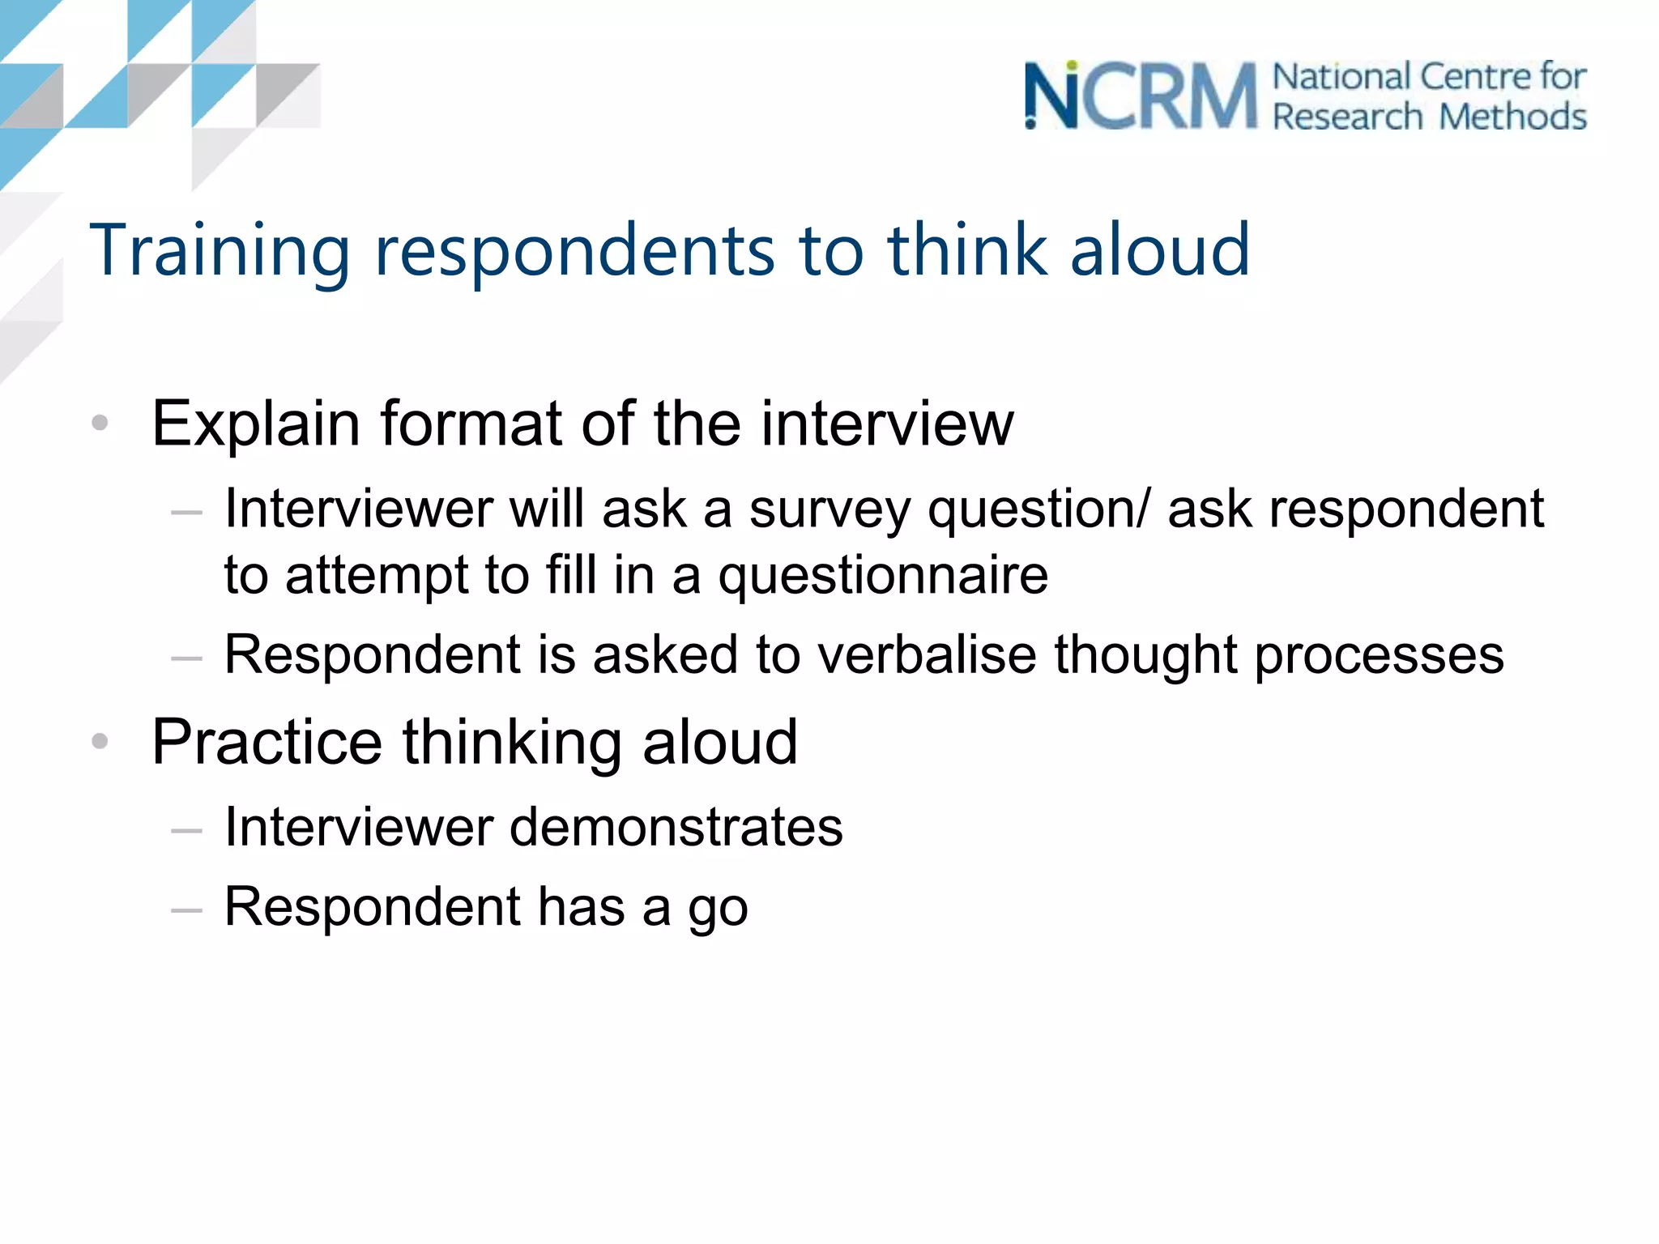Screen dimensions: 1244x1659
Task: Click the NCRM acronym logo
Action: pos(1141,96)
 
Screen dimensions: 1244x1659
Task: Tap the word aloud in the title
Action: pos(1160,250)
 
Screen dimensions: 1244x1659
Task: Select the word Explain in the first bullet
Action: pos(256,424)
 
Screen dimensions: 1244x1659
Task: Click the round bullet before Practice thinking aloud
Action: pos(100,741)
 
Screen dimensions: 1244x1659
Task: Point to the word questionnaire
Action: pos(883,576)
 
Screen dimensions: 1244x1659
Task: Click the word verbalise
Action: pos(927,654)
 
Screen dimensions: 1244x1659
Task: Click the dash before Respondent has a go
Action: pos(186,910)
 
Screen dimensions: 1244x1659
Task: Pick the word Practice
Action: pos(267,743)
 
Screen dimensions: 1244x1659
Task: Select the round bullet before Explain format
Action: pos(100,423)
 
